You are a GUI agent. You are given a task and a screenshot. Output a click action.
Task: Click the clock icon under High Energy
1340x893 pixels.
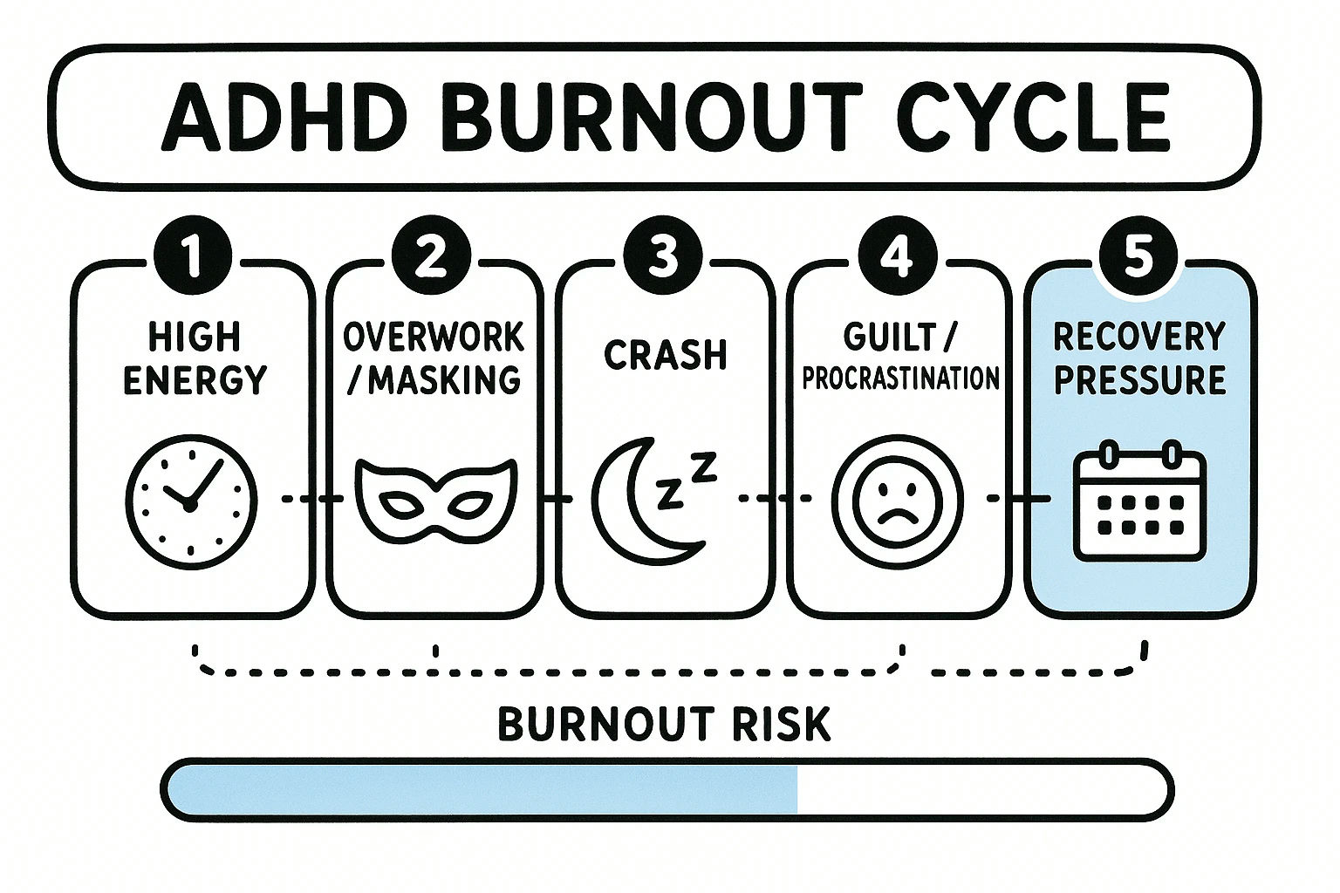[x=192, y=501]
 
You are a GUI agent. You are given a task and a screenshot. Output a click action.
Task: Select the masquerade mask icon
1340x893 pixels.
[x=437, y=501]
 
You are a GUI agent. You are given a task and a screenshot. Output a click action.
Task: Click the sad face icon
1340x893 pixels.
[x=897, y=501]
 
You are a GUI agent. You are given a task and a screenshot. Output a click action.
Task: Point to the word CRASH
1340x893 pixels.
[x=665, y=355]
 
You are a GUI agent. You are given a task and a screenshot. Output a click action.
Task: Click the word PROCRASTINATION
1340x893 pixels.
[x=900, y=378]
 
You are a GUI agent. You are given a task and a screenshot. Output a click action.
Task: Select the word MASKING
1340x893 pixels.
[x=444, y=380]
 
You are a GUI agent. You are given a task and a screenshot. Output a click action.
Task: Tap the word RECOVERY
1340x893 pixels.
[x=1139, y=337]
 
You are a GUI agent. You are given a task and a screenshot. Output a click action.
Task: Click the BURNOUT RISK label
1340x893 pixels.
[x=664, y=725]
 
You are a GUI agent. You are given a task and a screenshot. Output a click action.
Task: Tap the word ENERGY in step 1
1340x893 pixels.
[x=195, y=380]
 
